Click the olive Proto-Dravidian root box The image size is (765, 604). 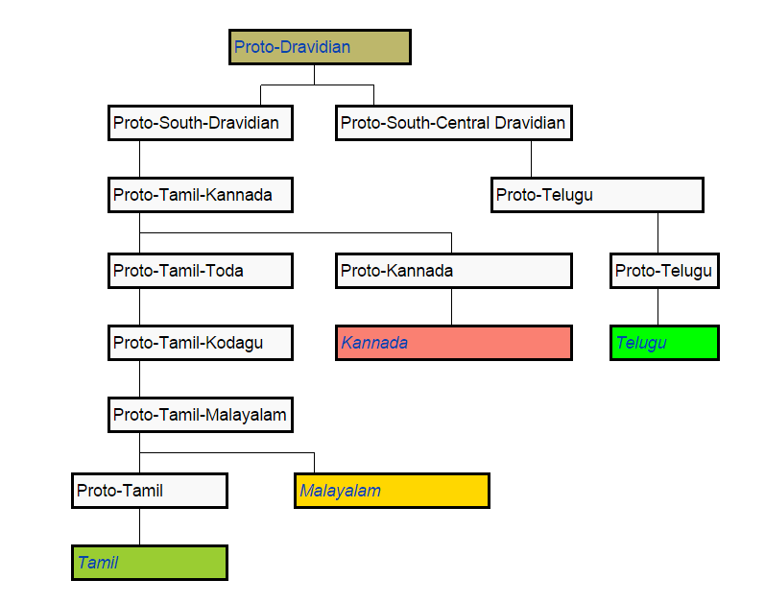click(320, 47)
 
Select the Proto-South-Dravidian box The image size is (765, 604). click(200, 123)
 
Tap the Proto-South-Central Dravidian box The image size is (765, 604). click(453, 123)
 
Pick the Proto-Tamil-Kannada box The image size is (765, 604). click(200, 195)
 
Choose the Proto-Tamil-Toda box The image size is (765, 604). click(200, 271)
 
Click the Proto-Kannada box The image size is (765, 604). click(453, 271)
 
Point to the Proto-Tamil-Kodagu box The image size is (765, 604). click(200, 342)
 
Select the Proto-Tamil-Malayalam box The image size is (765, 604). click(200, 415)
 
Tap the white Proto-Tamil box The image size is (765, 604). click(150, 491)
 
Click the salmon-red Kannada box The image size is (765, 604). click(453, 343)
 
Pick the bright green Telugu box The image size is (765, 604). click(664, 343)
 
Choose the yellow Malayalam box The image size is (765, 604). click(392, 491)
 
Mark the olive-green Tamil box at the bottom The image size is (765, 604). click(150, 563)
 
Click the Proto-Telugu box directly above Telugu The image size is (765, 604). click(664, 271)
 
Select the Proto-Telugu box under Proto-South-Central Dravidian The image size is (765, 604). click(597, 195)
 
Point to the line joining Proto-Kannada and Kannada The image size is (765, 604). click(452, 307)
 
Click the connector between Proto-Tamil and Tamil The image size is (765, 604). click(140, 526)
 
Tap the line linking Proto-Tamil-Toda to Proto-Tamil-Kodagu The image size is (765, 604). click(140, 306)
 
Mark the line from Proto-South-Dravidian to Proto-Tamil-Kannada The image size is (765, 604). click(140, 159)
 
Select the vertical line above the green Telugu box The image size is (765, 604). click(657, 307)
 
